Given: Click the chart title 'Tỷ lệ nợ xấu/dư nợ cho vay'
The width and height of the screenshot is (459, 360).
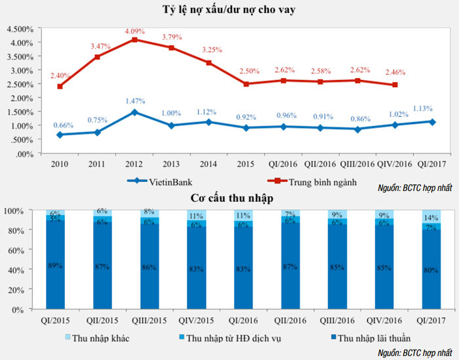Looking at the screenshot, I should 229,10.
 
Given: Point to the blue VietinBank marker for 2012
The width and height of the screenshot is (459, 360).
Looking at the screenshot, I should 134,112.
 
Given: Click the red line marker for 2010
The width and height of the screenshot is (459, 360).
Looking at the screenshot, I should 60,87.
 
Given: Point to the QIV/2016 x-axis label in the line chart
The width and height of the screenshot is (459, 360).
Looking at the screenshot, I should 395,163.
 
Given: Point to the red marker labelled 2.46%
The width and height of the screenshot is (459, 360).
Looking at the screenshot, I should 395,85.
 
